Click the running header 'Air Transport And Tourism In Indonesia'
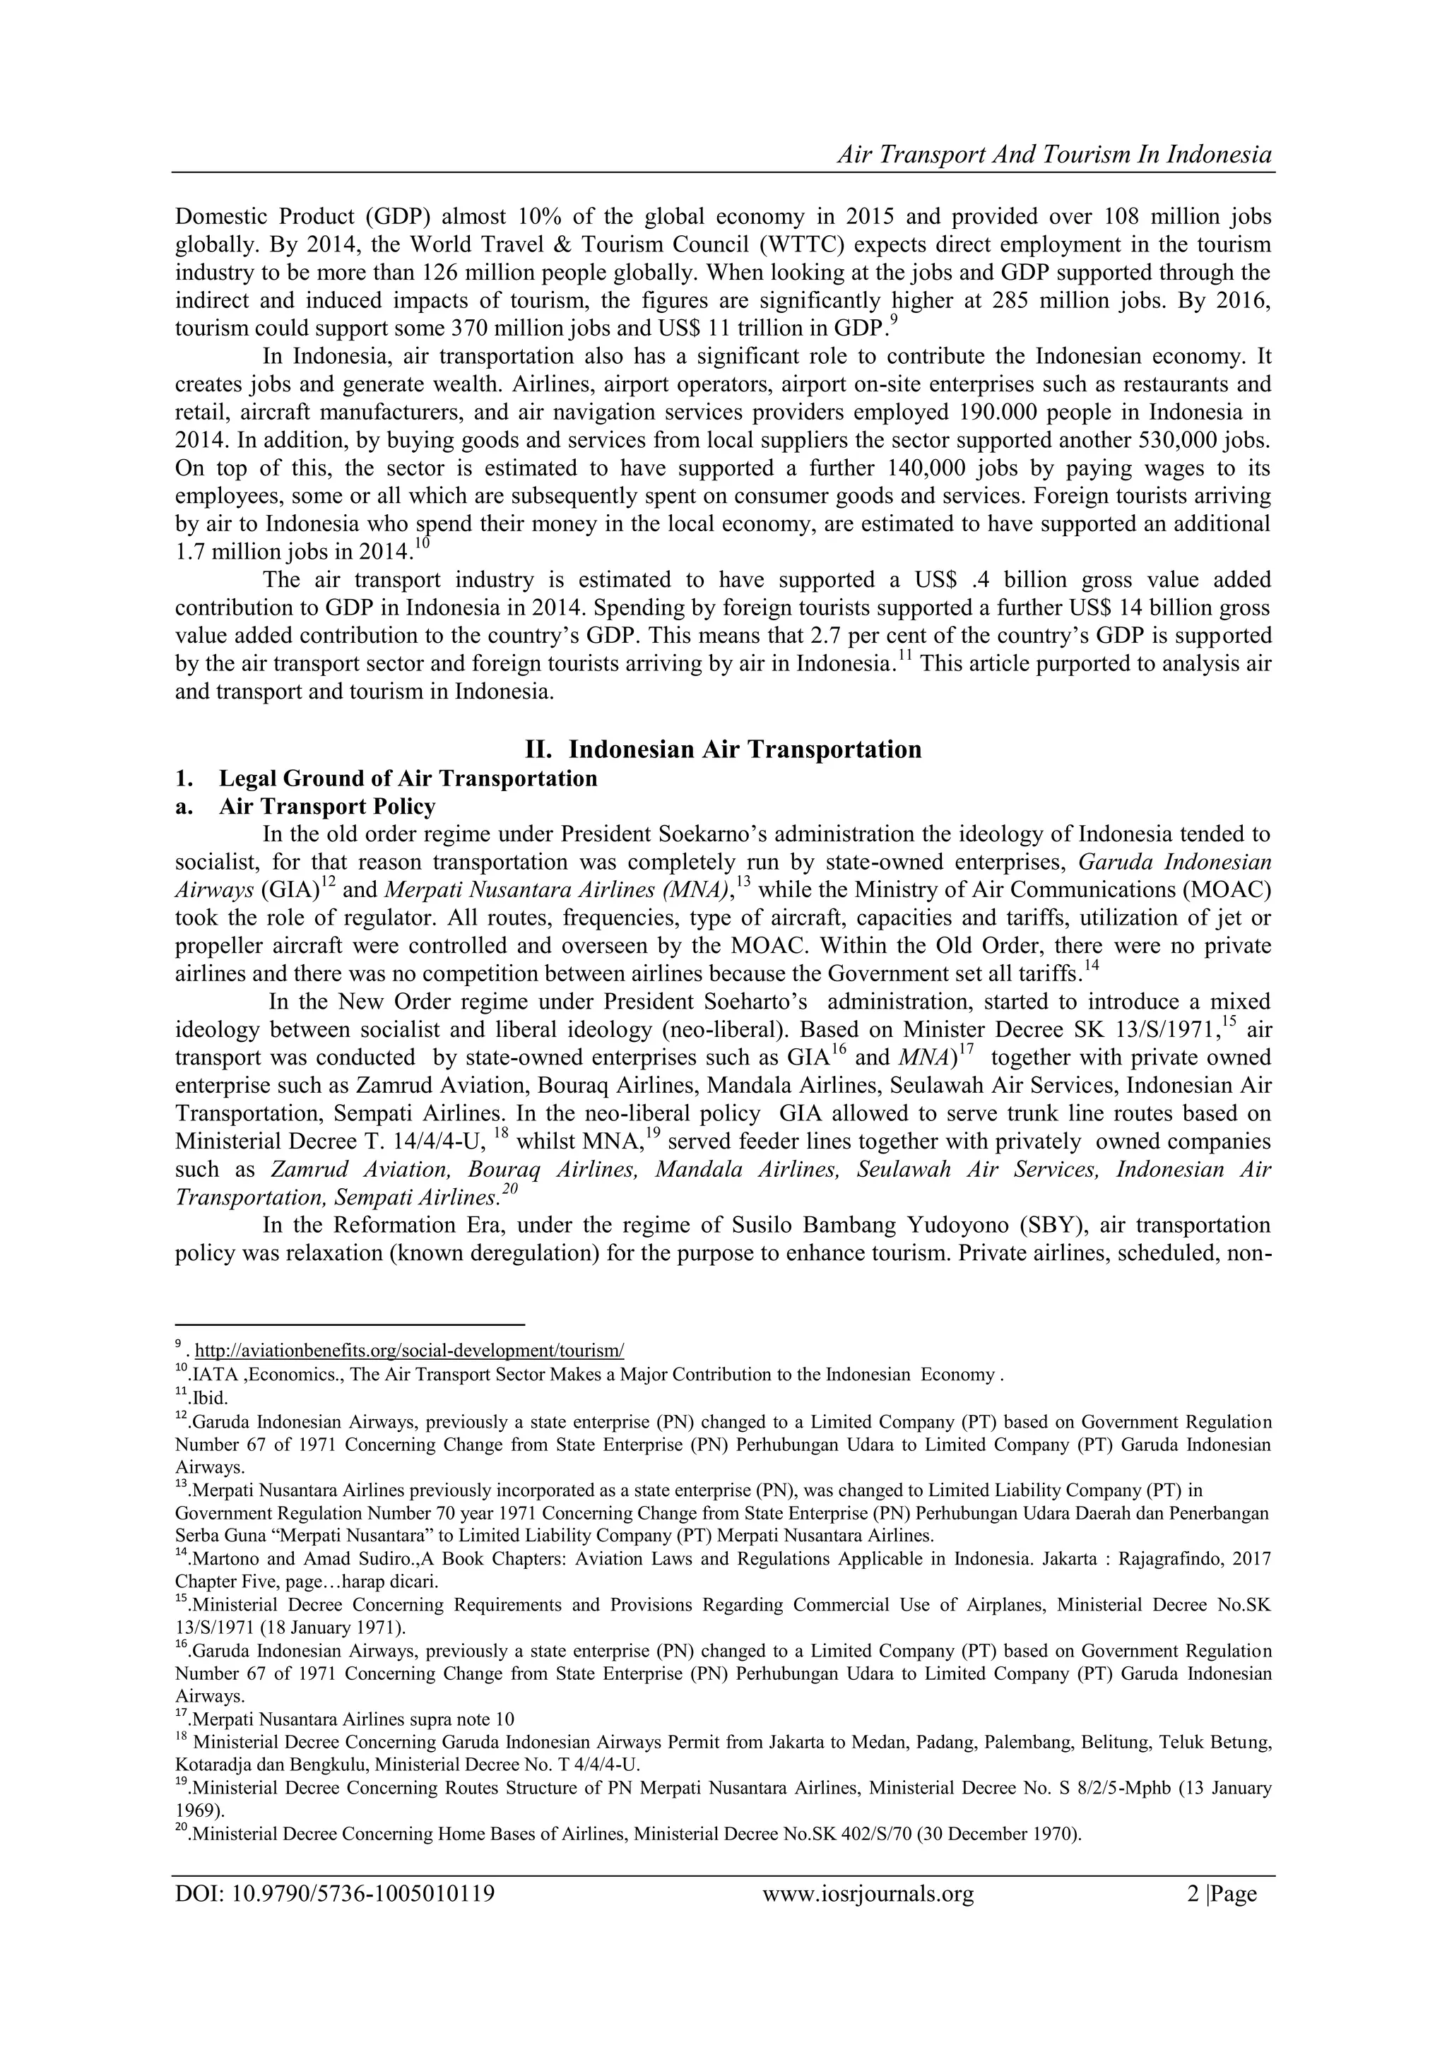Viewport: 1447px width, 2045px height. pos(1054,155)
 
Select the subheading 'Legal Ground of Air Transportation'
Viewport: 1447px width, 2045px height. pos(408,778)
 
